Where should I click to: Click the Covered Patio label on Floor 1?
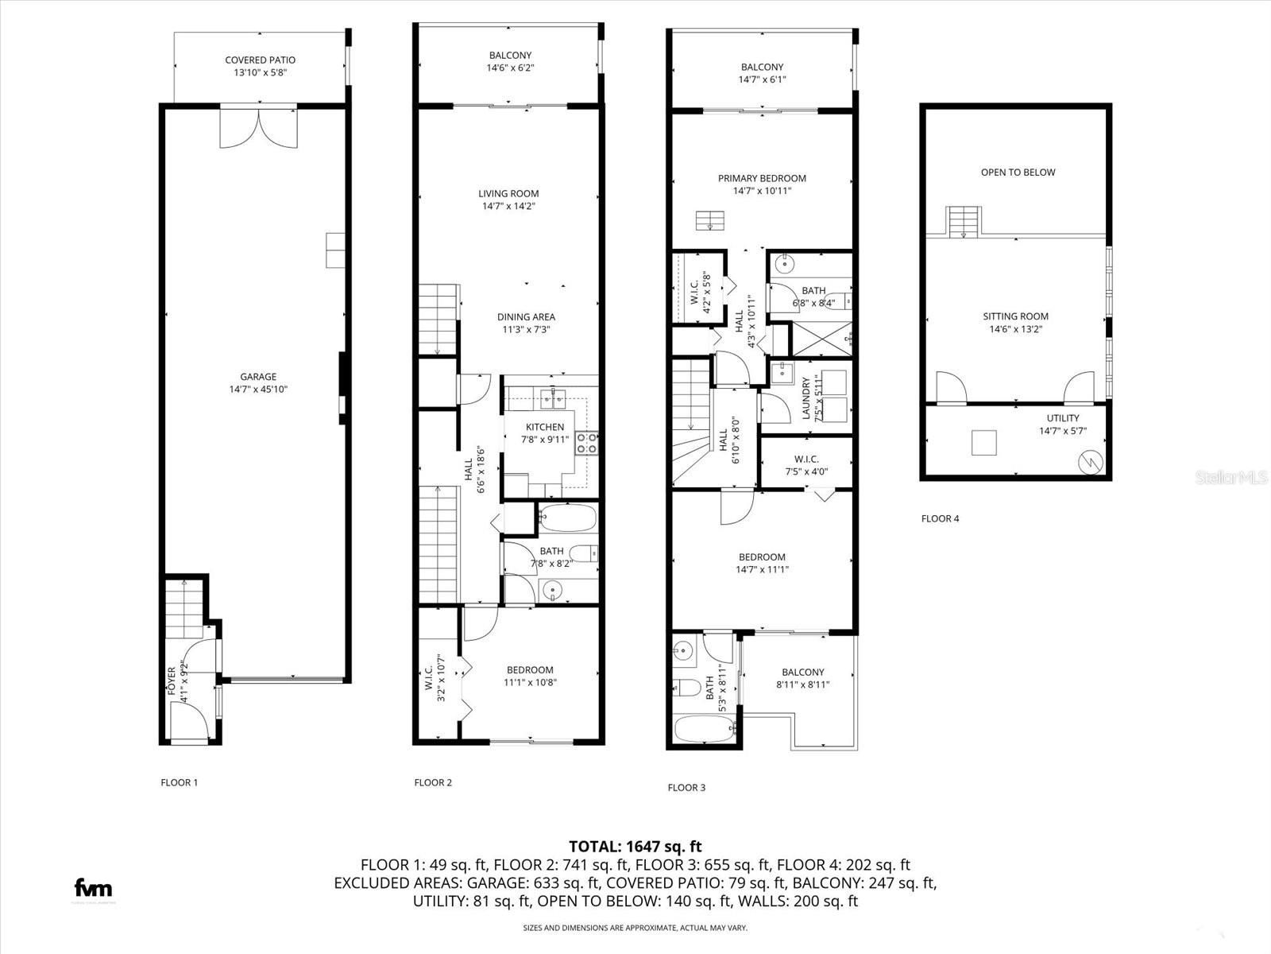(260, 60)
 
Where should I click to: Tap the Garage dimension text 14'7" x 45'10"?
(258, 390)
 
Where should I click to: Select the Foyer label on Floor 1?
(172, 682)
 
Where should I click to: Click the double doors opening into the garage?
(259, 127)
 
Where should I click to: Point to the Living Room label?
(508, 193)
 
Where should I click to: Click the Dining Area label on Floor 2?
(526, 317)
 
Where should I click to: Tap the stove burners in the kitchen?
(587, 443)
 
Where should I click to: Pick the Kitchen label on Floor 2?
(545, 427)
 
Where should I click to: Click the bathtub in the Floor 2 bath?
(566, 519)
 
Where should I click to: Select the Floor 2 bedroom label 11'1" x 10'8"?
(530, 682)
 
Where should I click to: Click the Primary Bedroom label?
(762, 178)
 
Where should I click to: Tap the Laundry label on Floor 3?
(805, 398)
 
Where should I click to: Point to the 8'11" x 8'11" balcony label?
(802, 684)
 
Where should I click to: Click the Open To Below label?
(1018, 172)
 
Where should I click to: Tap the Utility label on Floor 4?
(1062, 418)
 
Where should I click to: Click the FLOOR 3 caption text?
(686, 788)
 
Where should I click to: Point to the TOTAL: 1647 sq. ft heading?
(635, 847)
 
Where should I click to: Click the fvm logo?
(93, 888)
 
